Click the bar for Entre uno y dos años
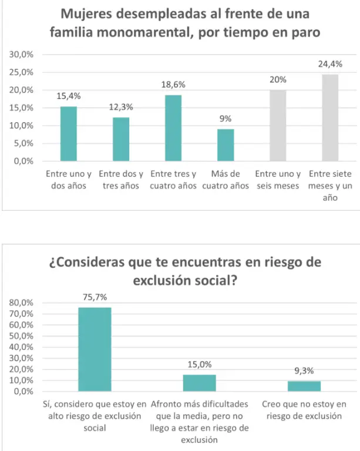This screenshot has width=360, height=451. click(69, 134)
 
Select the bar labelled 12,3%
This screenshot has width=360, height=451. click(121, 139)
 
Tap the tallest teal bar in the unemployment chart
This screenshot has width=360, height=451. click(173, 128)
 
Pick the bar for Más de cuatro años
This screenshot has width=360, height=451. click(226, 145)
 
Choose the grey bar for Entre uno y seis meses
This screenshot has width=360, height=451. click(278, 126)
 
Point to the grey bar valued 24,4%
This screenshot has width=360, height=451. click(330, 117)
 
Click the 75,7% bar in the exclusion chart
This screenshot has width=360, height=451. click(95, 349)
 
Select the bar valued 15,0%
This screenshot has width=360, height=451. click(199, 383)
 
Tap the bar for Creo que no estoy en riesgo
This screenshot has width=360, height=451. click(304, 386)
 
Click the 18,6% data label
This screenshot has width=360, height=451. click(173, 85)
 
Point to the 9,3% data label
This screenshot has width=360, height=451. click(304, 371)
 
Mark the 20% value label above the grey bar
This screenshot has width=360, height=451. click(278, 80)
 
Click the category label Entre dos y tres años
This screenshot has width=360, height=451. click(121, 180)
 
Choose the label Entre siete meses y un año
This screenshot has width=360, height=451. click(330, 186)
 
